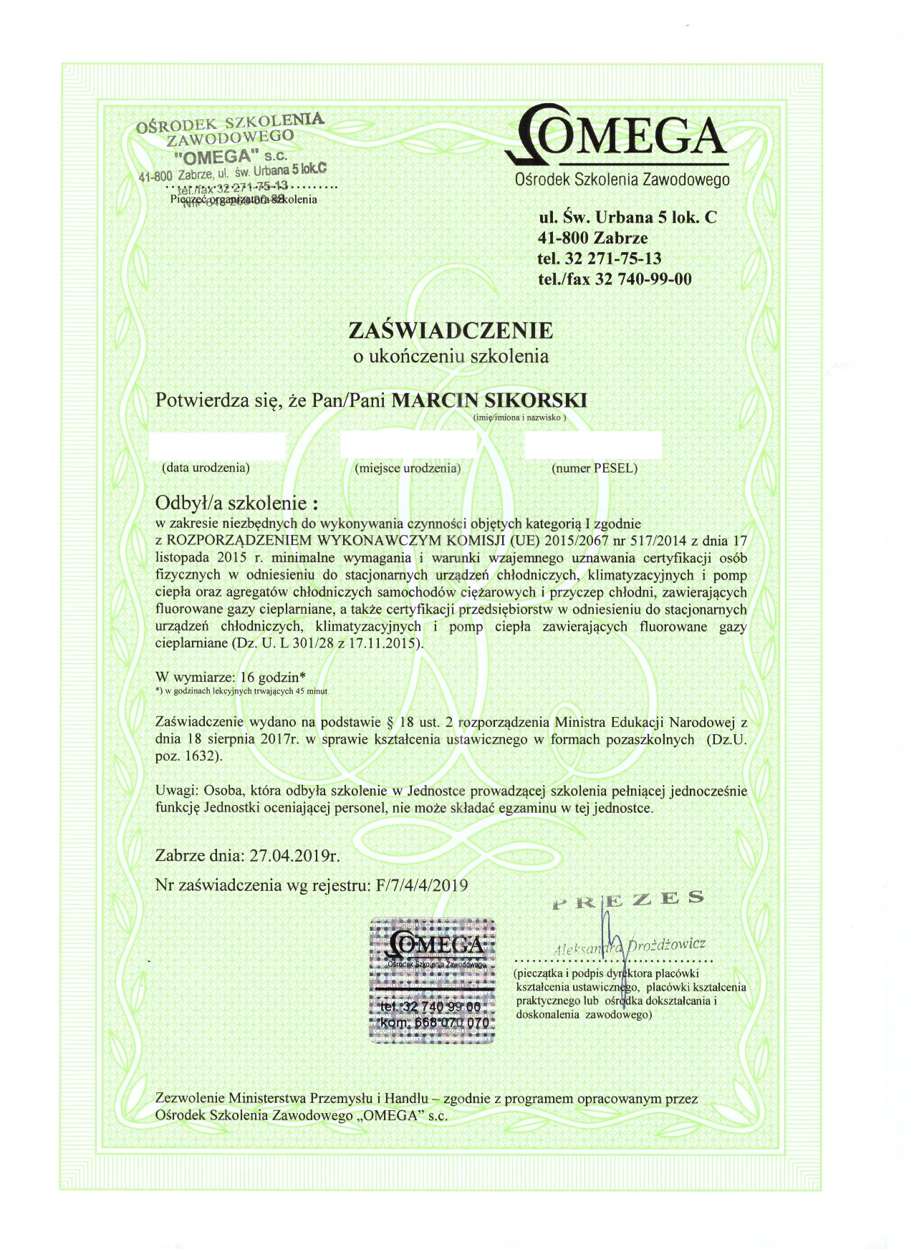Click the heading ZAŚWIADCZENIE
(x=450, y=331)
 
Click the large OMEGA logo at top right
(x=617, y=137)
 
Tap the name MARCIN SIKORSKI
(x=489, y=400)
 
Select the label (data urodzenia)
(x=206, y=468)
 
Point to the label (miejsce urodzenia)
(x=408, y=468)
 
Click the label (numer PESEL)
(x=594, y=468)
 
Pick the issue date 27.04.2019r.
(x=293, y=855)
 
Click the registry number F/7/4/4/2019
(x=422, y=885)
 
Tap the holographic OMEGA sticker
(x=433, y=978)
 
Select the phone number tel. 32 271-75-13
(x=600, y=258)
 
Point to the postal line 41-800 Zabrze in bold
(x=592, y=237)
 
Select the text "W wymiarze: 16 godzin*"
(x=231, y=676)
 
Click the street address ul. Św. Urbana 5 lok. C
(x=627, y=216)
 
